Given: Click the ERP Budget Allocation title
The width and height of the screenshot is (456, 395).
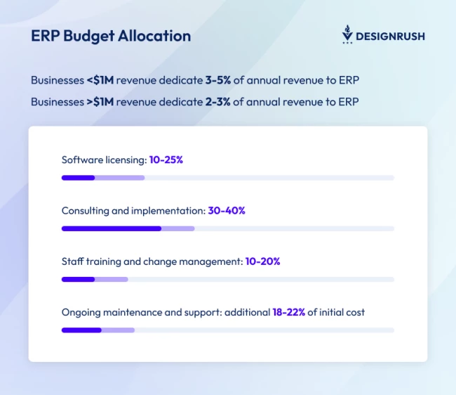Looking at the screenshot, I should [111, 36].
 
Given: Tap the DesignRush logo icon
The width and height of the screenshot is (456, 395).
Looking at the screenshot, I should [347, 35].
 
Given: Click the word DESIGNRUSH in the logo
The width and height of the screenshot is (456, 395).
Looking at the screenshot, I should [390, 36].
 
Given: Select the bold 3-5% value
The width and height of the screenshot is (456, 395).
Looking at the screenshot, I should [218, 80].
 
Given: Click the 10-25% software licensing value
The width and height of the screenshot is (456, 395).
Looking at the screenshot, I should [166, 160].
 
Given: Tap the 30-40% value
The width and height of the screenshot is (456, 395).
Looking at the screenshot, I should [227, 210].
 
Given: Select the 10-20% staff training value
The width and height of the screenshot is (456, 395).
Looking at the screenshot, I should [263, 261].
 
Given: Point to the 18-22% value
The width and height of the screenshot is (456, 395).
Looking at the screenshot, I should [288, 312].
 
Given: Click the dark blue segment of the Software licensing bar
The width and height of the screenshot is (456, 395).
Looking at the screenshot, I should [78, 178].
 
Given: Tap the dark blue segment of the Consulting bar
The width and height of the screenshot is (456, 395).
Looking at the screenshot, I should [112, 228].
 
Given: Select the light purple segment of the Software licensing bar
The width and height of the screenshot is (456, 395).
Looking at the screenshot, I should [120, 178].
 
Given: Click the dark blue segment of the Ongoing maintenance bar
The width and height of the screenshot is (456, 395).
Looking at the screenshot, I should [81, 330].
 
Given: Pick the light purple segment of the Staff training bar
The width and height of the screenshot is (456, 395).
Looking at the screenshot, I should [112, 279].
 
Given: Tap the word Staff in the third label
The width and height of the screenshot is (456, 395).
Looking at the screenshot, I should [72, 261].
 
